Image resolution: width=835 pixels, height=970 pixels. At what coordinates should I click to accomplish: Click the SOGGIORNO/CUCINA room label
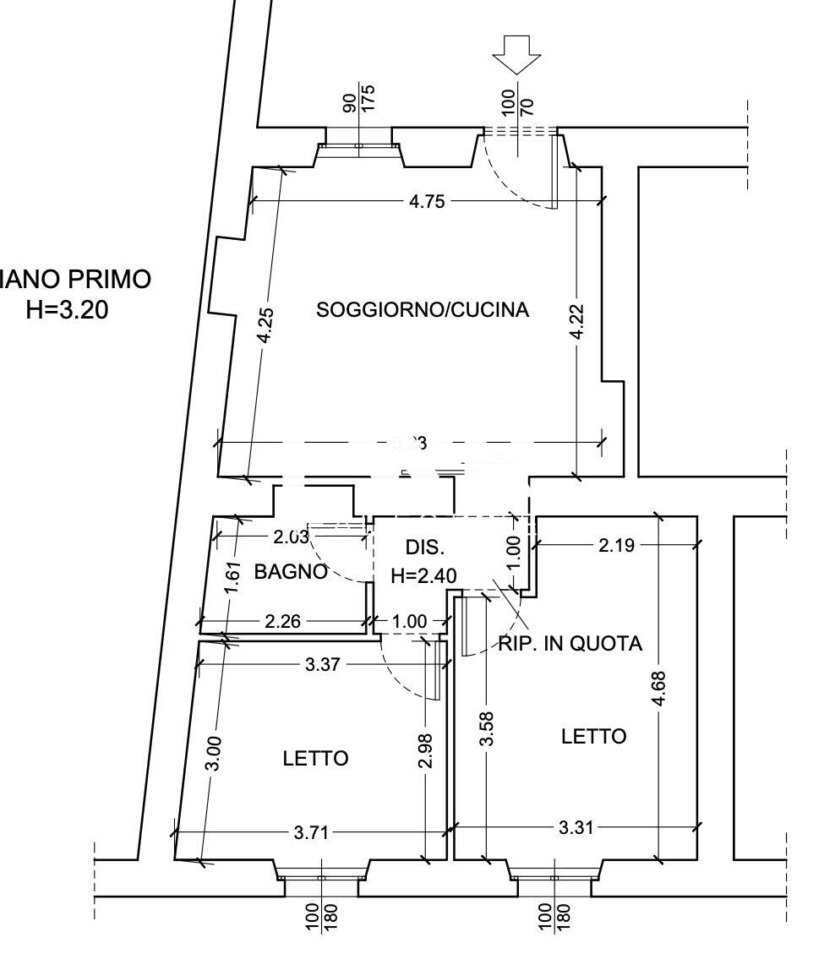tap(423, 309)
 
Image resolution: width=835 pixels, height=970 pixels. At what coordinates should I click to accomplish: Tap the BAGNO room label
tap(291, 572)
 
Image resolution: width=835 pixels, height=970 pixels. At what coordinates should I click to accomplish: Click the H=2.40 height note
tap(423, 576)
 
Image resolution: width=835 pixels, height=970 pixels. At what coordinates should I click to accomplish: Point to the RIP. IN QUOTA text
tap(570, 644)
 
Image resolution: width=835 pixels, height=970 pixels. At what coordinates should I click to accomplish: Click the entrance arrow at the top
tap(516, 55)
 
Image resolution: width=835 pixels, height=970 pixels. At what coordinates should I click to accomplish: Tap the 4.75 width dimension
tap(427, 201)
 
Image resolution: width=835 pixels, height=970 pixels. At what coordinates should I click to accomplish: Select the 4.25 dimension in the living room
tap(265, 324)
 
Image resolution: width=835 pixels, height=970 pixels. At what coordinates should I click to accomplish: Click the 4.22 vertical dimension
tap(576, 322)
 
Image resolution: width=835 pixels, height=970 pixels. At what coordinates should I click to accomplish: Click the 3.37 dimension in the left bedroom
tap(322, 665)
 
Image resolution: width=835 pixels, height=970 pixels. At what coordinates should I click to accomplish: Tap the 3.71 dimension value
tap(311, 832)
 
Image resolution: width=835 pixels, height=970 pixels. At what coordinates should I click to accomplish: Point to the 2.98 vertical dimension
tap(426, 750)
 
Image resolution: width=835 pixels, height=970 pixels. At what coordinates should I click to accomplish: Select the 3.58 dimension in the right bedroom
tap(486, 728)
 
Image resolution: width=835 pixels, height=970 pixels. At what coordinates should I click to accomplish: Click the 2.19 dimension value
tap(616, 545)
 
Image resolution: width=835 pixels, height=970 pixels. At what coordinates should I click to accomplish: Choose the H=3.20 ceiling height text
tap(68, 310)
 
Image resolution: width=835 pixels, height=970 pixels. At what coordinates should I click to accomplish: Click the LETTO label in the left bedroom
tap(315, 759)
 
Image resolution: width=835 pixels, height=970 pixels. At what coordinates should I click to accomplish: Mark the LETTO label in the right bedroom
tap(594, 737)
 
